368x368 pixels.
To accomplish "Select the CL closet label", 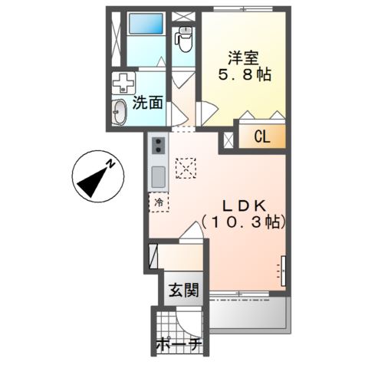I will [263, 139].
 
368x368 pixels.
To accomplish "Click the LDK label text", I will [243, 205].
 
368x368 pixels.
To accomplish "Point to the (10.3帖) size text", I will [243, 222].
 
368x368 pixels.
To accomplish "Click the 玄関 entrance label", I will [184, 291].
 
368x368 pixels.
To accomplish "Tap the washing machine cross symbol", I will [123, 84].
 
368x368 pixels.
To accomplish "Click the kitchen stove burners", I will [158, 146].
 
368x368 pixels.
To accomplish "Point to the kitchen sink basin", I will [158, 177].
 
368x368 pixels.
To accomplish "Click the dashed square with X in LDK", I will [186, 166].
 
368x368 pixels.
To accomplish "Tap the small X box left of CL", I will [229, 140].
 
